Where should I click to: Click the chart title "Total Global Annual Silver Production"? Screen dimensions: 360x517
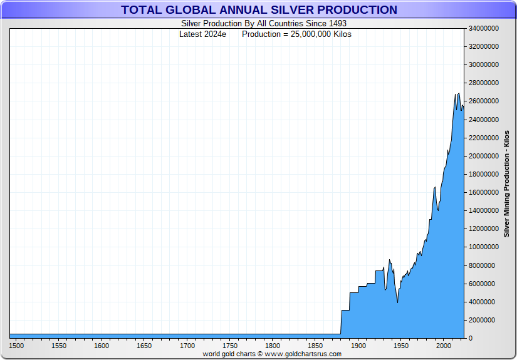[x=259, y=10]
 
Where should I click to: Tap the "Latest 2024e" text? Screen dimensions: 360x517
[x=202, y=34]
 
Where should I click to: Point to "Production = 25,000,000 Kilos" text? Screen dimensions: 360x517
[x=296, y=34]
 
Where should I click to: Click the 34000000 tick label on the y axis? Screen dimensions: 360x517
[x=483, y=28]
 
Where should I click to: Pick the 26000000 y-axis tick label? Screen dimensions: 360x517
[x=483, y=101]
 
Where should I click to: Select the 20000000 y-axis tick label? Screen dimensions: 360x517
[x=483, y=156]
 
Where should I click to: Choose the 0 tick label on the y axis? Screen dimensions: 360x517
[x=470, y=339]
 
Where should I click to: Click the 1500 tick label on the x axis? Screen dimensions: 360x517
[x=17, y=346]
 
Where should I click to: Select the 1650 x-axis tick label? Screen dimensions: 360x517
[x=145, y=346]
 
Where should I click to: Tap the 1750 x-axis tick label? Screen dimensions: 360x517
[x=230, y=346]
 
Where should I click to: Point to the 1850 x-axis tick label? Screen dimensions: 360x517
[x=315, y=346]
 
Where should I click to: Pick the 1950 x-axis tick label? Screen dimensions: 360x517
[x=400, y=346]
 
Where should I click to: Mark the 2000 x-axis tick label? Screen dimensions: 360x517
[x=443, y=346]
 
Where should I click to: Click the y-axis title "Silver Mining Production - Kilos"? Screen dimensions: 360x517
[x=506, y=183]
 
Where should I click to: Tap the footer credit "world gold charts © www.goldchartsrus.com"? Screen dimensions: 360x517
[x=272, y=354]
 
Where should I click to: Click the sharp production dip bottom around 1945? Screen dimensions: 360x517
[x=397, y=302]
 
